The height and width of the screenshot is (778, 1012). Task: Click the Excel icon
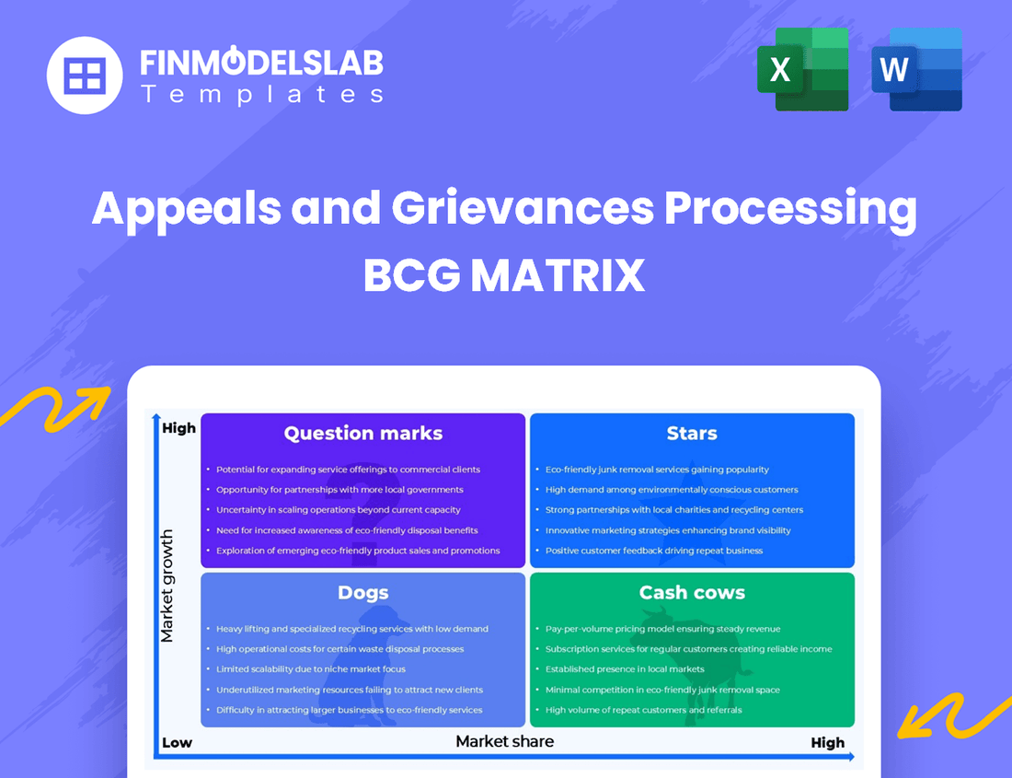click(802, 69)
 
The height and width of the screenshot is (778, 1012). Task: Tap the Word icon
click(916, 69)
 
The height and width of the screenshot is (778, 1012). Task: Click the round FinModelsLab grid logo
click(85, 75)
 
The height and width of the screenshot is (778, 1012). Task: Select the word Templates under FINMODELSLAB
click(261, 94)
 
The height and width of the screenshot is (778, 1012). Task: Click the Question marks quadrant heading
click(363, 433)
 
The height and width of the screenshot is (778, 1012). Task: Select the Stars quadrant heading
click(692, 433)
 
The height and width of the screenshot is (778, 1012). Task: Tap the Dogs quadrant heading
click(363, 593)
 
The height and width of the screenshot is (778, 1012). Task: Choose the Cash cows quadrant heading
click(692, 593)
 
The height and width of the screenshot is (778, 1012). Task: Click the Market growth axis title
click(167, 586)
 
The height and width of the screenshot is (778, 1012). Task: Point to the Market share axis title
click(505, 741)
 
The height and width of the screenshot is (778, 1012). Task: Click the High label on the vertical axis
click(178, 428)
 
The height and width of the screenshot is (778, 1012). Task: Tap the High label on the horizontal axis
click(827, 743)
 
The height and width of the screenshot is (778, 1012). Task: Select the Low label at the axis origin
click(177, 743)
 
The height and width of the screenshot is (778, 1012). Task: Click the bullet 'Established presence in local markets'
click(625, 669)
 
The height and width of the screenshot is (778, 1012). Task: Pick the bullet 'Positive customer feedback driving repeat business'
click(654, 551)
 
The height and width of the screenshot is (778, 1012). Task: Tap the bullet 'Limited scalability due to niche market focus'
click(311, 669)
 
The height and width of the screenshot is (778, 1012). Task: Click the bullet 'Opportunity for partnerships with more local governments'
click(339, 490)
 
